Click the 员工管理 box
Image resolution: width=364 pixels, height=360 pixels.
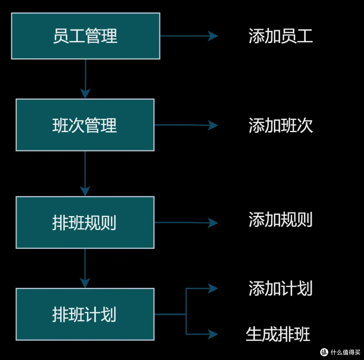pyautogui.click(x=86, y=36)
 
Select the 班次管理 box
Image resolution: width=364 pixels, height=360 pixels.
pyautogui.click(x=85, y=125)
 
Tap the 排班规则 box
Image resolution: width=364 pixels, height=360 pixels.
pyautogui.click(x=85, y=222)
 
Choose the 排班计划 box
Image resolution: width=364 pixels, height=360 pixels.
pyautogui.click(x=85, y=314)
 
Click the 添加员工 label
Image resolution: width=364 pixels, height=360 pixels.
pyautogui.click(x=281, y=36)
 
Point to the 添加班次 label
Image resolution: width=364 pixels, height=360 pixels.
pyautogui.click(x=281, y=125)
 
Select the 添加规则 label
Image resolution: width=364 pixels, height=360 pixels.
pyautogui.click(x=280, y=219)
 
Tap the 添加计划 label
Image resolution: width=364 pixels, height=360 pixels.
pyautogui.click(x=280, y=288)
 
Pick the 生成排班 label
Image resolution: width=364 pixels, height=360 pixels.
pyautogui.click(x=278, y=334)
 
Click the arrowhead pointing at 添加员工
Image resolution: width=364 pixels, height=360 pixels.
pyautogui.click(x=213, y=36)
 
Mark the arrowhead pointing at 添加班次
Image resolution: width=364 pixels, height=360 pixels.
pyautogui.click(x=213, y=125)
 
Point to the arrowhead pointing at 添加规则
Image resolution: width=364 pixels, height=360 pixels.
pyautogui.click(x=213, y=222)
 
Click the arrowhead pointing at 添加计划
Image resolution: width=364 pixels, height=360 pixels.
pyautogui.click(x=213, y=288)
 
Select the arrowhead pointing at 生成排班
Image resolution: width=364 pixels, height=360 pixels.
pyautogui.click(x=213, y=334)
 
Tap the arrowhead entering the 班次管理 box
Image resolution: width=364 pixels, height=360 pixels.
pyautogui.click(x=85, y=94)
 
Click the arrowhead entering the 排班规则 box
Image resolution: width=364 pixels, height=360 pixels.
pyautogui.click(x=85, y=191)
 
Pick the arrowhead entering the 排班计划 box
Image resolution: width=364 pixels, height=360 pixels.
pyautogui.click(x=85, y=283)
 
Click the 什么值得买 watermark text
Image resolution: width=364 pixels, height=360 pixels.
pyautogui.click(x=345, y=352)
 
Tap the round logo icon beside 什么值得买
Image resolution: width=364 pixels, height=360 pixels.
pyautogui.click(x=324, y=352)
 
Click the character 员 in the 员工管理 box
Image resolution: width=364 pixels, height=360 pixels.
pyautogui.click(x=61, y=36)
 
